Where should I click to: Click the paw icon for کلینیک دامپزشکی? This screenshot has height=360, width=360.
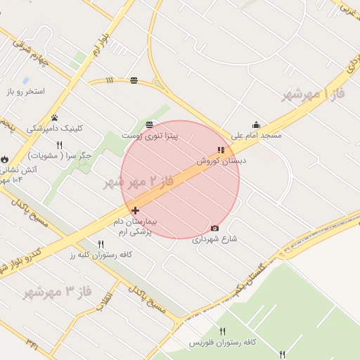point(55,117)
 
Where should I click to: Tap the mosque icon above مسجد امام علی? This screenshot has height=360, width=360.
point(256,125)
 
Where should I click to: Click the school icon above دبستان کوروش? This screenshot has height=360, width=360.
point(221,150)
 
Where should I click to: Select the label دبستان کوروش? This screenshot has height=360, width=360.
point(221,161)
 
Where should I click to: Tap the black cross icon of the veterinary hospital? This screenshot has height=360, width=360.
point(135,210)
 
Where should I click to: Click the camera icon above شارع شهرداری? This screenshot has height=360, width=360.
point(214,228)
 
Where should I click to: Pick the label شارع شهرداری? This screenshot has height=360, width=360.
point(214,239)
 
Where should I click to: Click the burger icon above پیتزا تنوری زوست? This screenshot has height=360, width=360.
point(150,124)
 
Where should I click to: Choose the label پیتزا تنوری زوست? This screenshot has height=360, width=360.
point(150,134)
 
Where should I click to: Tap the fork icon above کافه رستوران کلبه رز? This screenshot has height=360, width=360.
point(101,244)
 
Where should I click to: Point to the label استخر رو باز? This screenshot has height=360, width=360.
point(26,92)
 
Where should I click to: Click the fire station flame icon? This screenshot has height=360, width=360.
point(6,160)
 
